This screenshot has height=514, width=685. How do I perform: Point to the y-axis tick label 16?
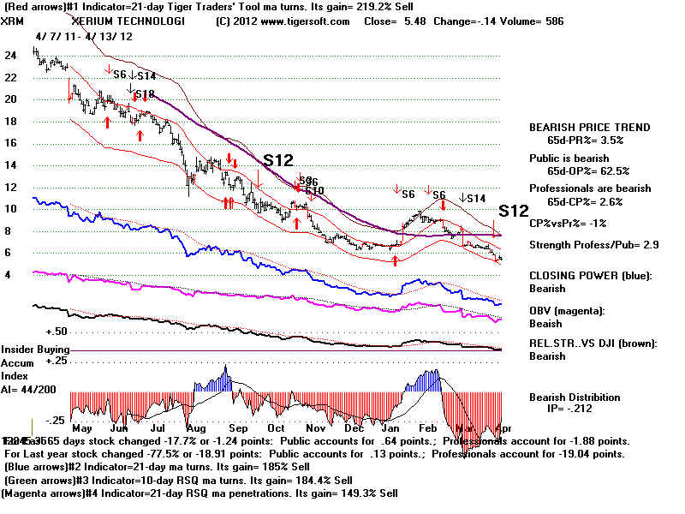click(12, 143)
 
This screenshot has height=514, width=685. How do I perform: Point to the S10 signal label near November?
click(313, 190)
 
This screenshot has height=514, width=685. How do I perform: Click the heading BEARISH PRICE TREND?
click(590, 128)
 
